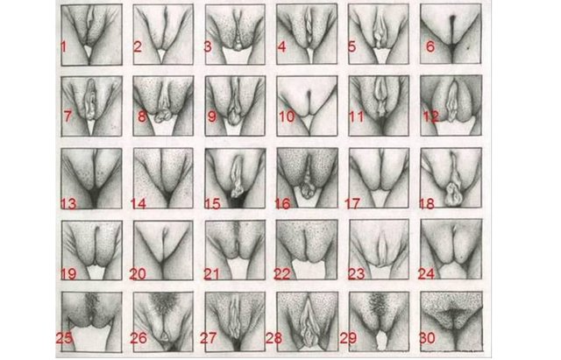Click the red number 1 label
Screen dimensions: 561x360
pos(64,46)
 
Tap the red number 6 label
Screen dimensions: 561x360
pos(430,46)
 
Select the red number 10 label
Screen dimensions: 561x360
pos(287,116)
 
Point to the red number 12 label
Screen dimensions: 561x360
pos(430,116)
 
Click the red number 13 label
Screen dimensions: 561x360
pos(68,204)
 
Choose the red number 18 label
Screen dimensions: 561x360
pos(427,204)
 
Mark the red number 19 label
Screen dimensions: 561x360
pos(68,274)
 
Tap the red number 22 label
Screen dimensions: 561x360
pos(282,274)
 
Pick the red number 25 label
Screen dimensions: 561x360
pos(64,338)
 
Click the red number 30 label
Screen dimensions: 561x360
pos(427,338)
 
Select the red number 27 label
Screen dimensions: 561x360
pos(209,338)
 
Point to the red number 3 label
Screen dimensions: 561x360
pos(208,46)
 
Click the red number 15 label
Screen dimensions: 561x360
pos(212,204)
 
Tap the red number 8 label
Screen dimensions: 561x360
pos(142,116)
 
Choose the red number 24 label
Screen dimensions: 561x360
pos(427,274)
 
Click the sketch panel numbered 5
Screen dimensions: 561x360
pos(379,34)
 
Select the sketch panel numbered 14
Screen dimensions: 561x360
pos(163,178)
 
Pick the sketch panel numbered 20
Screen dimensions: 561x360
pos(163,250)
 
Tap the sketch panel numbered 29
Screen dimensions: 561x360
pos(380,321)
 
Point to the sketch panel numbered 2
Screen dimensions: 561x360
pos(163,34)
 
